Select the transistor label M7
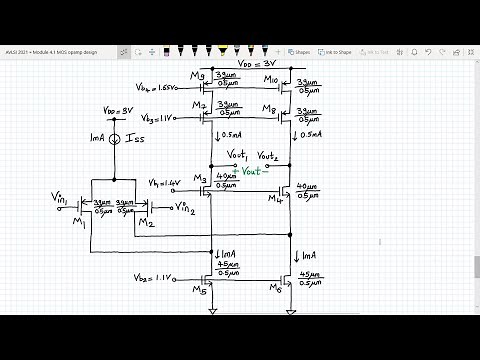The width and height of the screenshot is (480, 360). coord(201,106)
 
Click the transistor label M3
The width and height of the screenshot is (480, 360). coord(200,178)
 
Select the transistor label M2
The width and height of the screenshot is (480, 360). coord(147,222)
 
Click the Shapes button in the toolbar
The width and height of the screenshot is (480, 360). coord(299,51)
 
